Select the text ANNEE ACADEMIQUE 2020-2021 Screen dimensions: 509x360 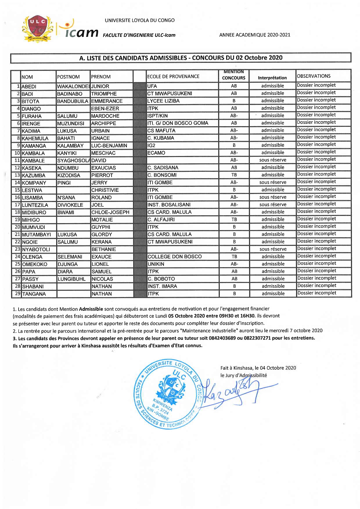[255, 35]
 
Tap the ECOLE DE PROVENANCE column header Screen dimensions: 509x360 [173, 77]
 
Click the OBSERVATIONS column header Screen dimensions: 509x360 [314, 76]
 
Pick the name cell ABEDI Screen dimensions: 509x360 [29, 86]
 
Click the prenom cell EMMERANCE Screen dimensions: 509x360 [107, 101]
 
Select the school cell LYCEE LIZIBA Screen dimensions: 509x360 [163, 101]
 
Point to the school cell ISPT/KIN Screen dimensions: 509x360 [157, 116]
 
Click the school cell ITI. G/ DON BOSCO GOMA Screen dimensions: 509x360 [178, 123]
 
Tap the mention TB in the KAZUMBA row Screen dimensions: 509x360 [234, 175]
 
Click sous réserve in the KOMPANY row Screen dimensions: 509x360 [273, 182]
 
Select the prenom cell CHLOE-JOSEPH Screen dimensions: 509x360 [110, 212]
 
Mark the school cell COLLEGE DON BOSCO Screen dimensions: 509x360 [174, 257]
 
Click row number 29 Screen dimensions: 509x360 [18, 294]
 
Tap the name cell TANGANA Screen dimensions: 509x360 [34, 294]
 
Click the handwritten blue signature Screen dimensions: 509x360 [232, 392]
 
